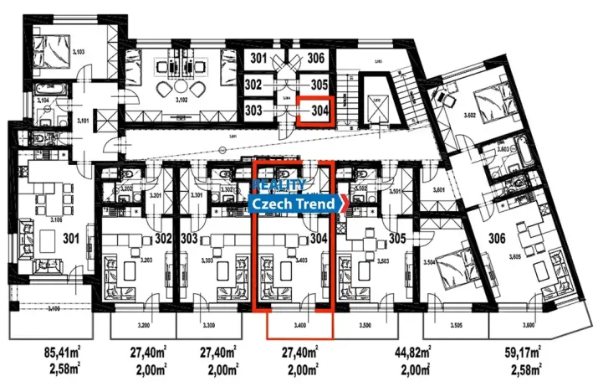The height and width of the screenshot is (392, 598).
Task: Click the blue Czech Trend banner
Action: pos(295,204)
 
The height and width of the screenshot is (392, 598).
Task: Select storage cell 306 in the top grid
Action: pos(315,59)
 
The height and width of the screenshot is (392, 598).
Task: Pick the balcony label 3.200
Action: pos(143,324)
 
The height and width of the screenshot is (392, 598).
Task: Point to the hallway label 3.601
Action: pos(439,191)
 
